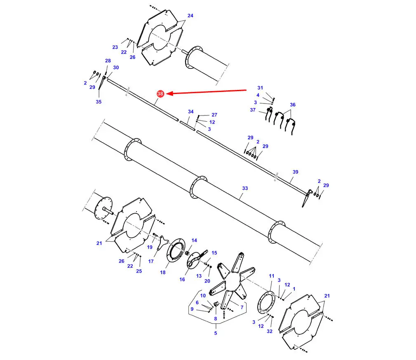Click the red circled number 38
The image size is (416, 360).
point(160,94)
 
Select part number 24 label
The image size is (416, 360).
point(190,16)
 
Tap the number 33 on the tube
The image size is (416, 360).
point(245,188)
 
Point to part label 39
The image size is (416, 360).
point(295,172)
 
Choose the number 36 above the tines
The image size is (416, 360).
point(293,104)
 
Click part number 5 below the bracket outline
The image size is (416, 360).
point(216,333)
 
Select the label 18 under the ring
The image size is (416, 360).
point(162,272)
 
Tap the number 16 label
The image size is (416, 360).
point(182,279)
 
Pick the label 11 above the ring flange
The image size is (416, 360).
point(271,276)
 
